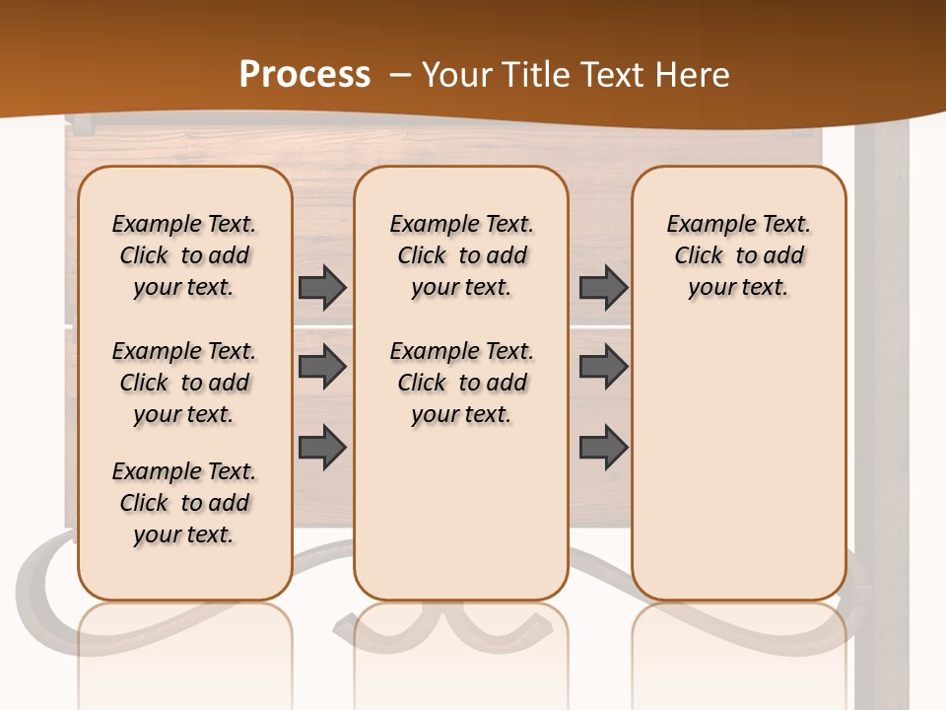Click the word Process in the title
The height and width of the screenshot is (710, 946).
(304, 75)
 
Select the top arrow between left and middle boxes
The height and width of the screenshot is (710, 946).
(322, 287)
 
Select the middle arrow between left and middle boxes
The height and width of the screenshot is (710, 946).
(322, 367)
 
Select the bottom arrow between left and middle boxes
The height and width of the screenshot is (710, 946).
(322, 447)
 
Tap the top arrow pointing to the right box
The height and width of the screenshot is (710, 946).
(603, 287)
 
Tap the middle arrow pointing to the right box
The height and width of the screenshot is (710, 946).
(603, 367)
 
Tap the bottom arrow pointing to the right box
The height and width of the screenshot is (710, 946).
(603, 447)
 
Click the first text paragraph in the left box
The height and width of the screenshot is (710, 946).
(184, 255)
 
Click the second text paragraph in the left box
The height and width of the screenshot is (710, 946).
(184, 383)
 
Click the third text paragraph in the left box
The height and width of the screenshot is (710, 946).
(184, 503)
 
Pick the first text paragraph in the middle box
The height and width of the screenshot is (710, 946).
(461, 255)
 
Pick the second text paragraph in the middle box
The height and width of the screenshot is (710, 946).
(461, 383)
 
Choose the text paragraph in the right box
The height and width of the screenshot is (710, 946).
(738, 255)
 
